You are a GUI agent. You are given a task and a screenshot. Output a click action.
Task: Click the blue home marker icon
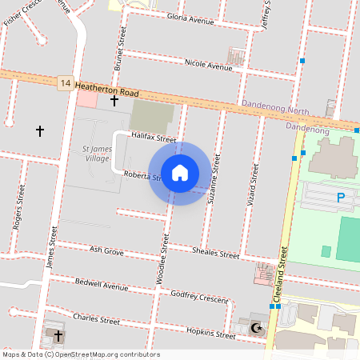180,172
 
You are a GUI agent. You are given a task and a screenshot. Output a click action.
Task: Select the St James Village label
96,153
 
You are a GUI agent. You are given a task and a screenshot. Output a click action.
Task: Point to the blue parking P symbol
341,198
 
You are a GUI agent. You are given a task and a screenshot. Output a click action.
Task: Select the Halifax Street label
154,138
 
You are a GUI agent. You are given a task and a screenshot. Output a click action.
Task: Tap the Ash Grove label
106,250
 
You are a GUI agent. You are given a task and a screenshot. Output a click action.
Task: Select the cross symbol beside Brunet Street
114,101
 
